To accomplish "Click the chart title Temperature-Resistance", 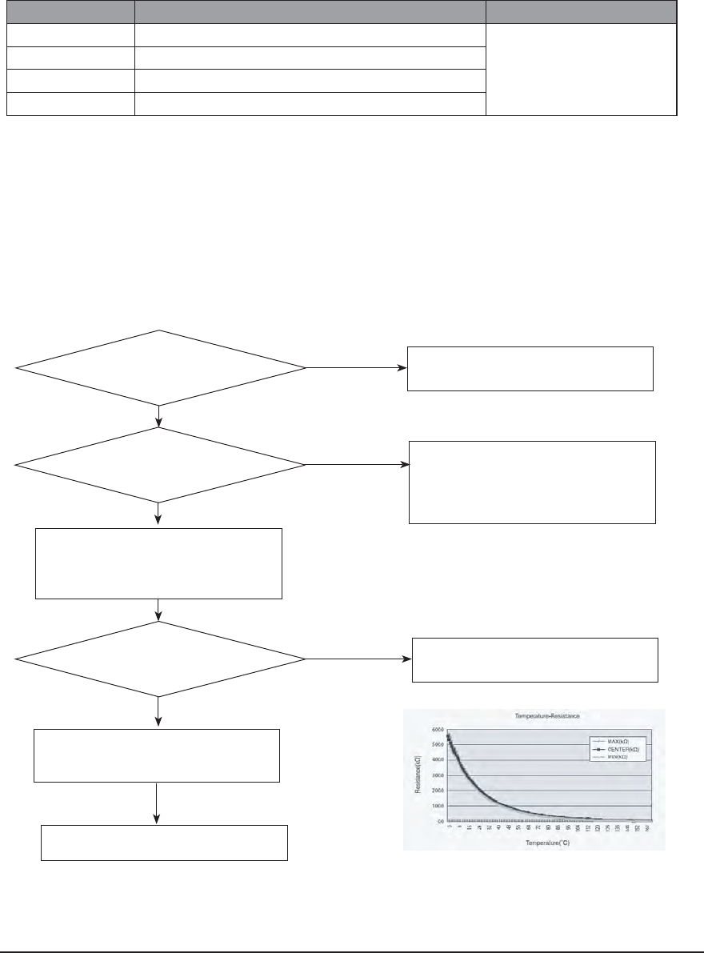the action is pyautogui.click(x=534, y=718).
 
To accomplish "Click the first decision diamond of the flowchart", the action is pyautogui.click(x=160, y=367).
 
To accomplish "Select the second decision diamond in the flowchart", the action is pyautogui.click(x=160, y=464).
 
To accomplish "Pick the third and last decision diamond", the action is pyautogui.click(x=160, y=659).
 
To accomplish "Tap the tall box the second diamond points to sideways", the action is pyautogui.click(x=532, y=482).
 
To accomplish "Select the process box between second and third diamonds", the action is pyautogui.click(x=159, y=563).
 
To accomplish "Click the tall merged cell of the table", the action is pyautogui.click(x=582, y=70).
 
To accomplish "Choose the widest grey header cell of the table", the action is pyautogui.click(x=310, y=12).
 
